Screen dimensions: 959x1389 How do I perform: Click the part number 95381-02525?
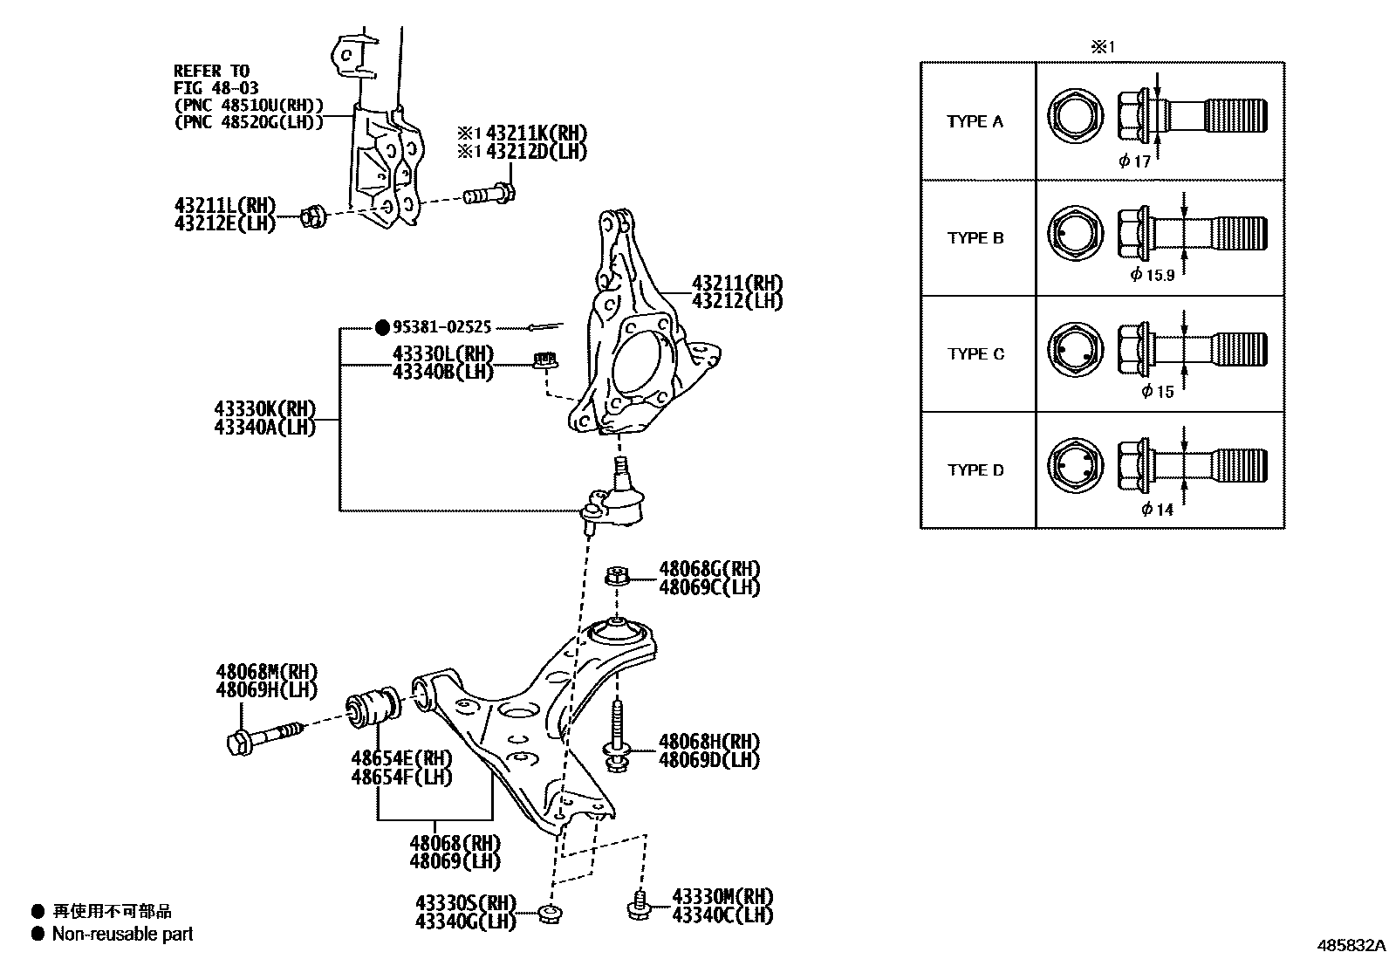click(x=441, y=327)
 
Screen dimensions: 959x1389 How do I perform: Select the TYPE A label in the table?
click(x=975, y=121)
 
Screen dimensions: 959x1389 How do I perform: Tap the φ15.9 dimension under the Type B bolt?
click(x=1152, y=275)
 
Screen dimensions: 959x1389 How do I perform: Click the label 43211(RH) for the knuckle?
click(x=736, y=284)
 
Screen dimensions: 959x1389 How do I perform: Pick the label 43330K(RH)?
click(x=264, y=409)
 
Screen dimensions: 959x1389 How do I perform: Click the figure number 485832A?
click(x=1351, y=945)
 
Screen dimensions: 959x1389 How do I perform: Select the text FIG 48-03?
click(x=212, y=88)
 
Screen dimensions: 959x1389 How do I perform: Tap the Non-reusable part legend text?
click(x=122, y=934)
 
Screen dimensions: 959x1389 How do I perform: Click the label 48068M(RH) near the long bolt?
click(x=266, y=672)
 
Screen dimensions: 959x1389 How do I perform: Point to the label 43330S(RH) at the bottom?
click(x=465, y=902)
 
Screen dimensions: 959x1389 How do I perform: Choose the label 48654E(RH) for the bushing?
click(x=401, y=757)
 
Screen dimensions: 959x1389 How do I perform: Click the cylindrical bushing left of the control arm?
click(x=374, y=707)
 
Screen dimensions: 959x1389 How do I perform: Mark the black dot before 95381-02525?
click(x=381, y=327)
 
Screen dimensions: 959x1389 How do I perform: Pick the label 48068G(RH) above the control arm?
click(x=708, y=569)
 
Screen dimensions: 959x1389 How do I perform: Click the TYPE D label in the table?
click(x=975, y=470)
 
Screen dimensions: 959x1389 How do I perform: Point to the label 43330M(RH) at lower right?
click(x=722, y=897)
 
